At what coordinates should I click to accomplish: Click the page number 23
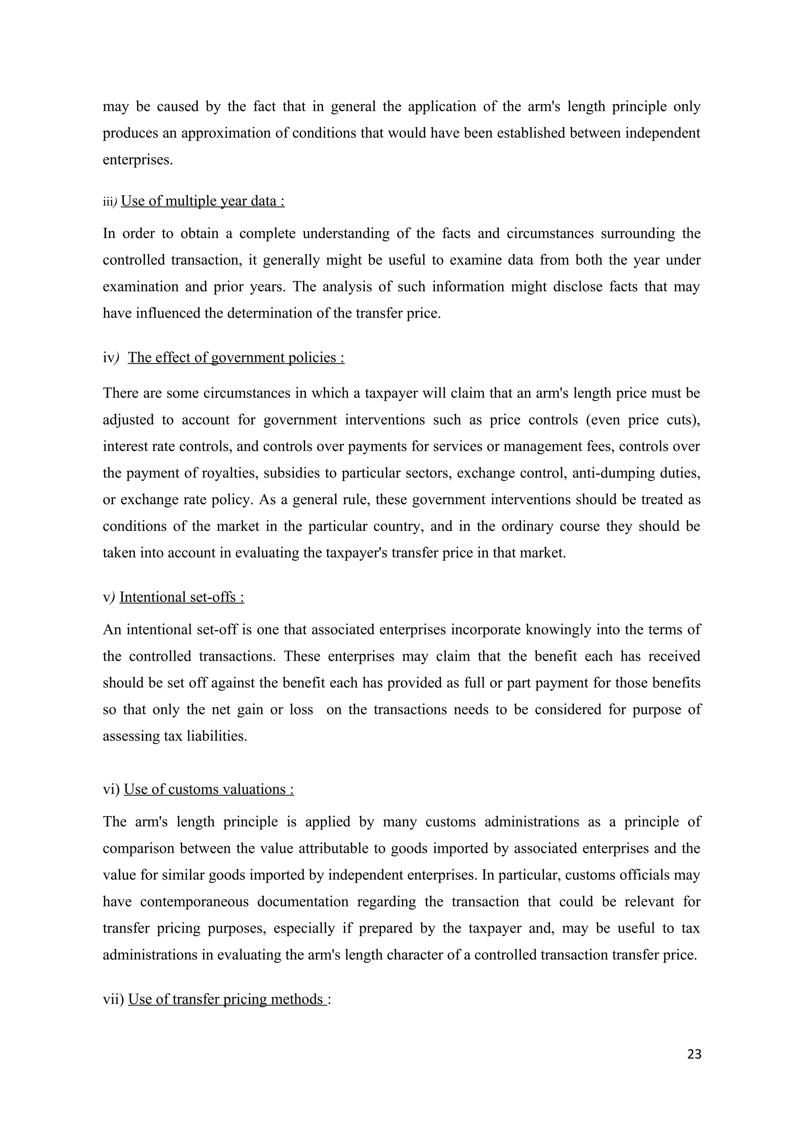(694, 1054)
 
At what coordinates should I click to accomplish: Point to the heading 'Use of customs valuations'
(208, 789)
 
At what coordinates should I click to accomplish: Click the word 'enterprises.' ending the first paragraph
(138, 160)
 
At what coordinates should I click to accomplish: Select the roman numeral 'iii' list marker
(107, 202)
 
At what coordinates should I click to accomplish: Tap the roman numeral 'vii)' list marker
(113, 1000)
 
